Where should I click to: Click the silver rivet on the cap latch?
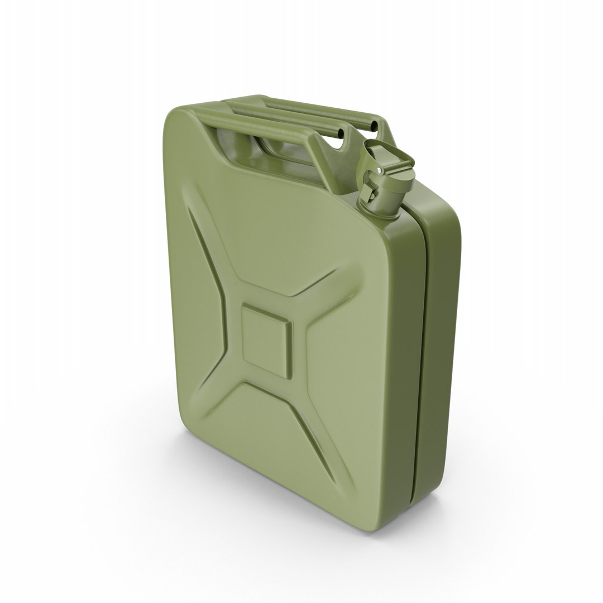[380, 170]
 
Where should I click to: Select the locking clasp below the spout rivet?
[369, 190]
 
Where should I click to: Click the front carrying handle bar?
[268, 126]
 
